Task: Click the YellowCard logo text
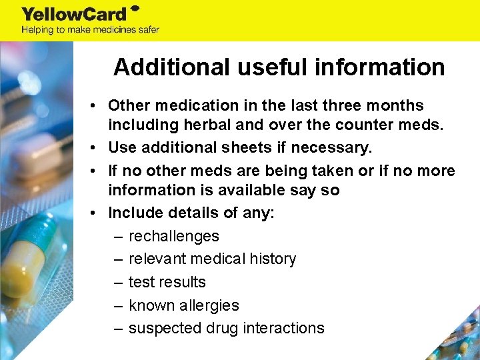pos(75,13)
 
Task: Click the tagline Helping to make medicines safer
pos(91,29)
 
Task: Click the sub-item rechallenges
pos(173,236)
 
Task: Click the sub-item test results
pos(167,282)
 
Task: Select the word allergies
pos(207,305)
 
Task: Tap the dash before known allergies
pos(118,305)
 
